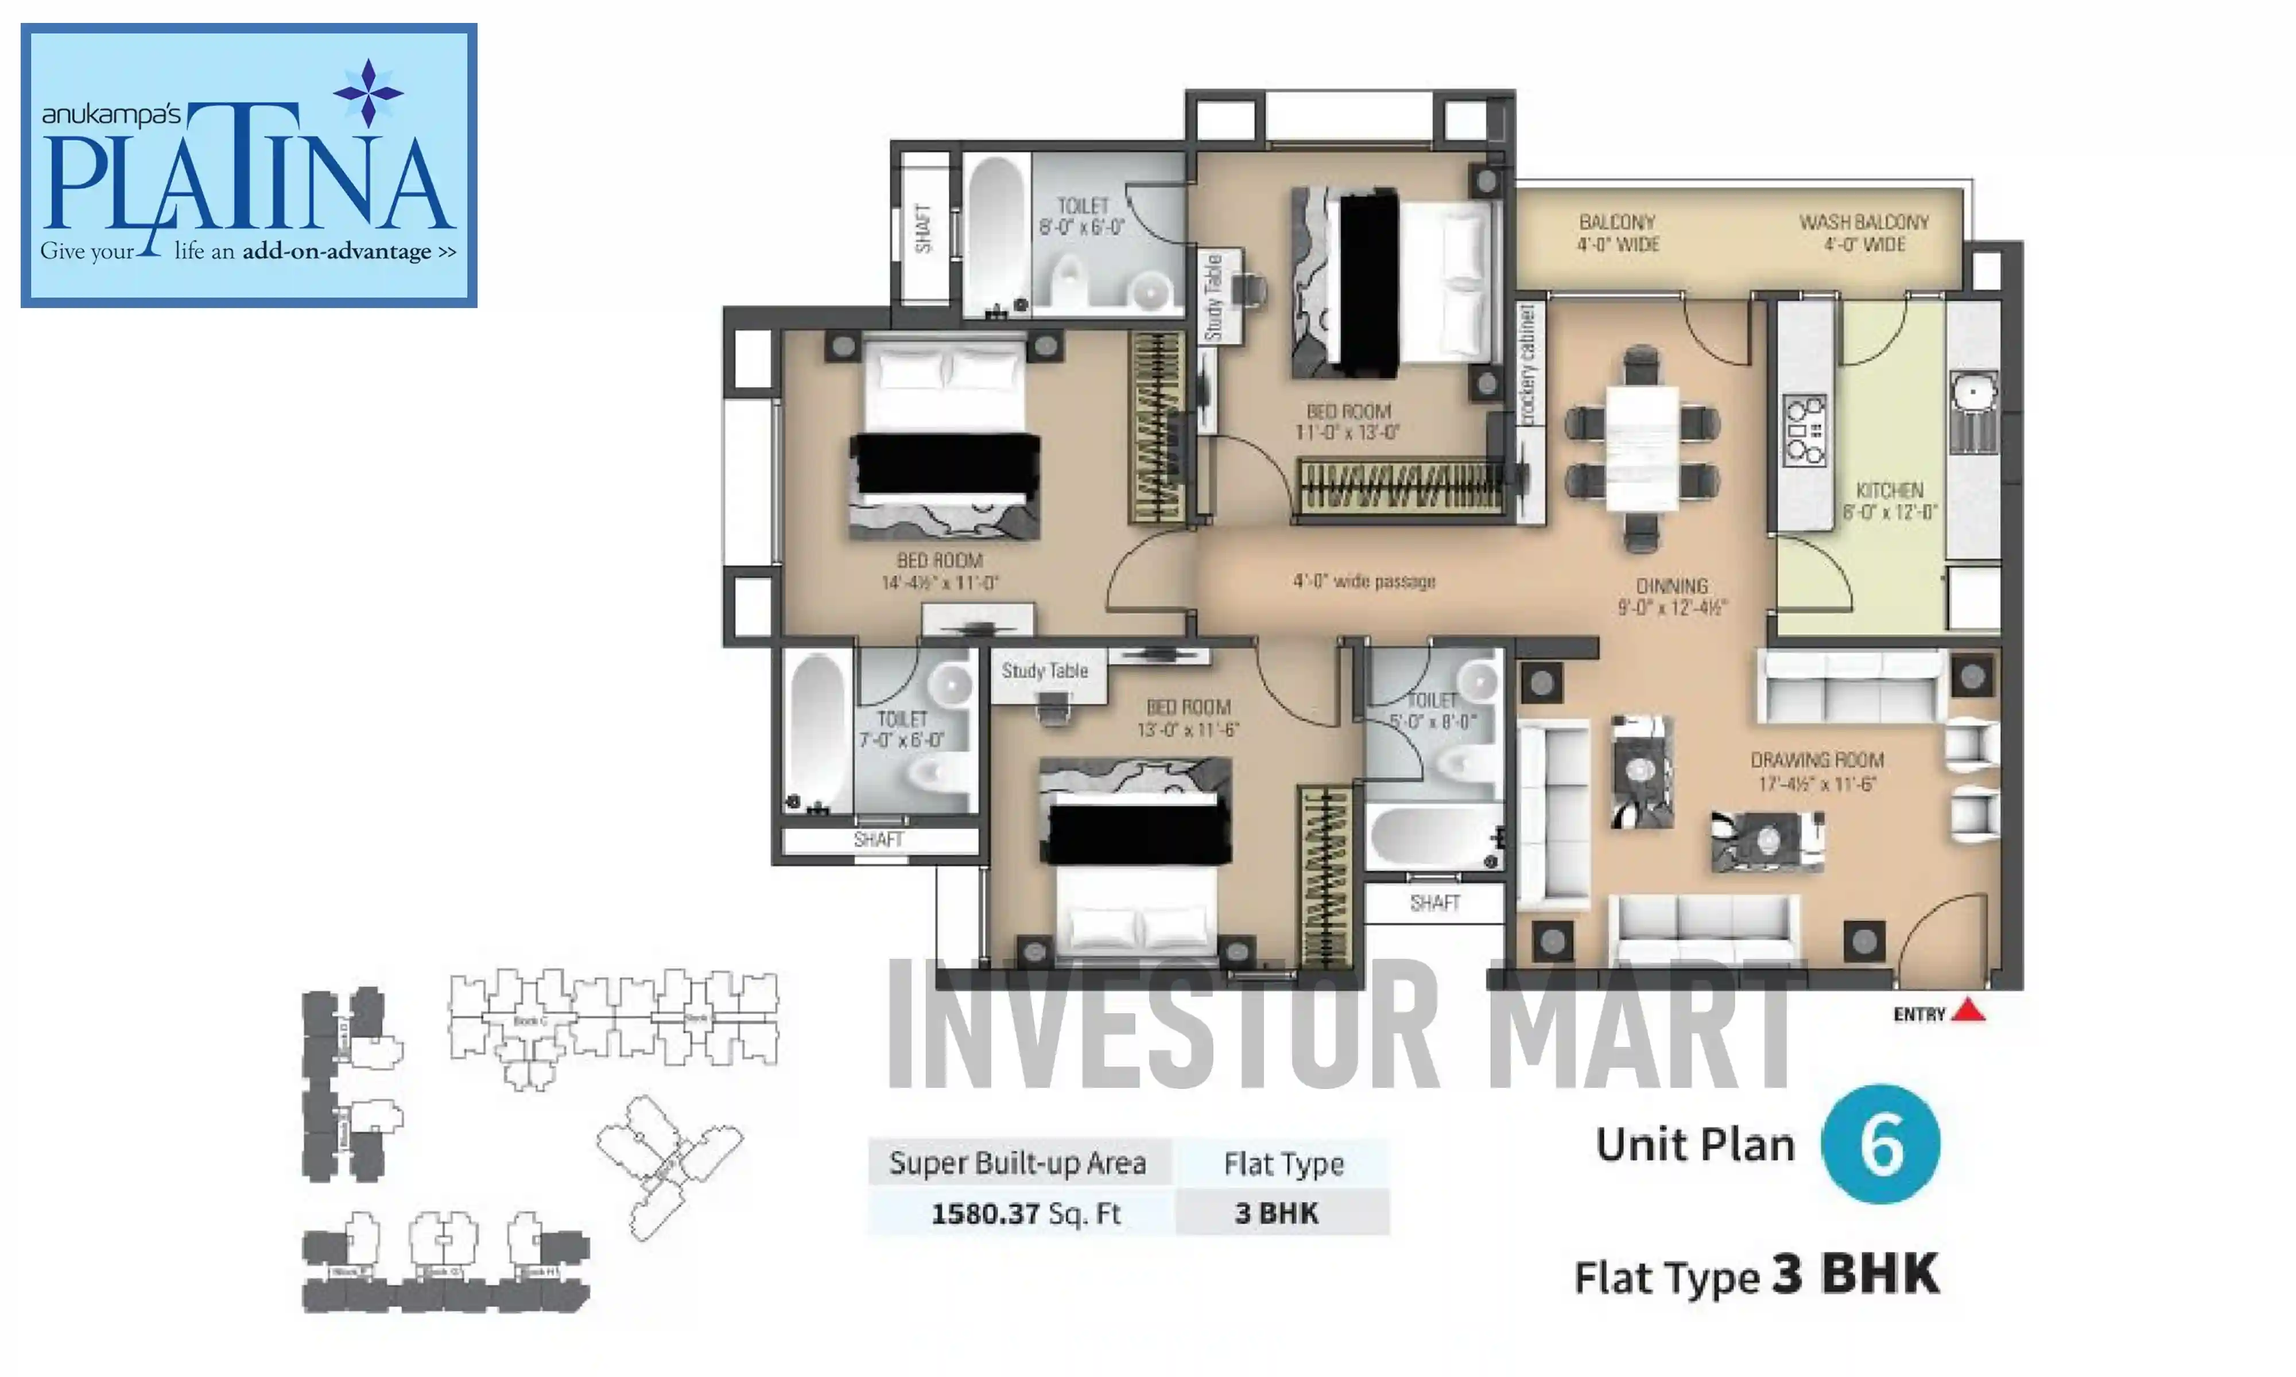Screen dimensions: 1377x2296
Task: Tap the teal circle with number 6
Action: click(x=1880, y=1144)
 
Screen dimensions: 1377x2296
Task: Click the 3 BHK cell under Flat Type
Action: click(x=1277, y=1213)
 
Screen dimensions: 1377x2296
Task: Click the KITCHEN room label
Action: click(x=1890, y=490)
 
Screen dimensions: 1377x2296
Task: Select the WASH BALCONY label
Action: click(x=1864, y=223)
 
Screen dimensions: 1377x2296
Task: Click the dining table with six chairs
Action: click(x=1642, y=448)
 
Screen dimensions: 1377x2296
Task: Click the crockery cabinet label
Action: click(x=1527, y=364)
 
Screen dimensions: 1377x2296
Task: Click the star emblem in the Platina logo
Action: click(x=369, y=93)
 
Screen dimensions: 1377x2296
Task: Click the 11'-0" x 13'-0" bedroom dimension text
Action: click(x=1348, y=433)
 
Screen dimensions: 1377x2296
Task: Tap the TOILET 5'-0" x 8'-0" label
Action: click(x=1432, y=711)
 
